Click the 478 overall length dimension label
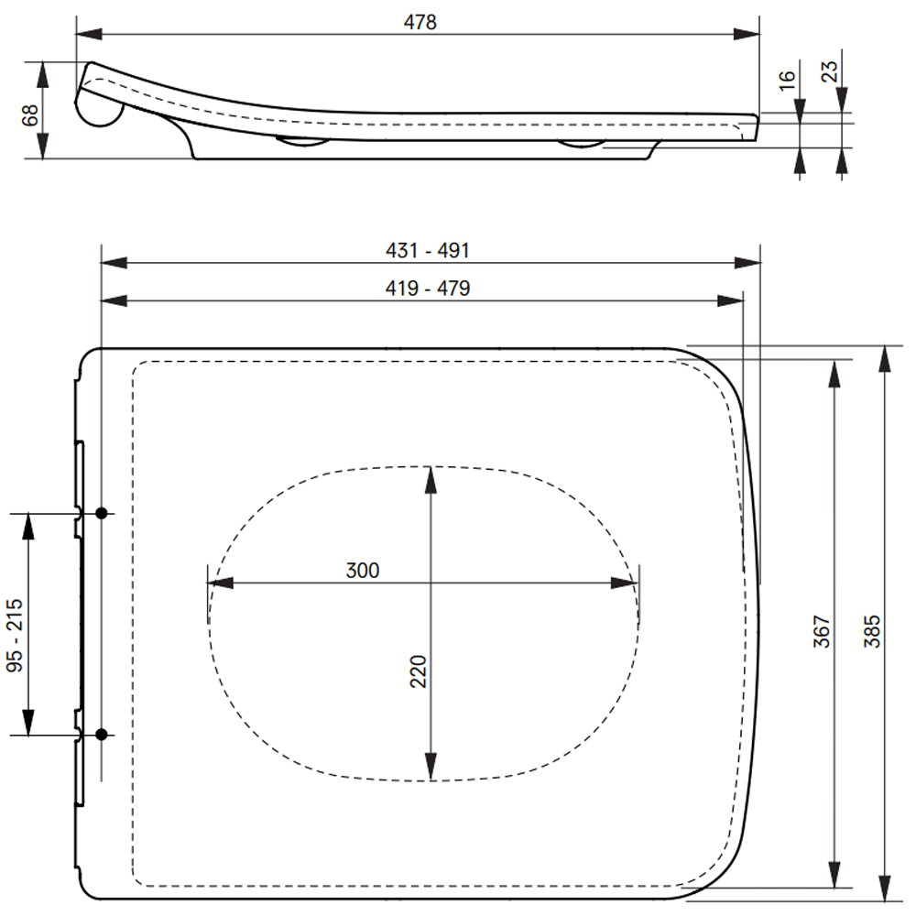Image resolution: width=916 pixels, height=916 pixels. [x=420, y=22]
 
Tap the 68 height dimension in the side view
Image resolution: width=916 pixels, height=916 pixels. [x=30, y=115]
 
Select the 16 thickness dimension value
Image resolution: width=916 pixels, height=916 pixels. [x=788, y=80]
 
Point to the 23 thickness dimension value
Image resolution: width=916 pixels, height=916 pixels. [x=829, y=71]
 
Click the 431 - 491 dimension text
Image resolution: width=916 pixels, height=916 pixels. [x=428, y=251]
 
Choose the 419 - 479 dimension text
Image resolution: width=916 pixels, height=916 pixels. [x=428, y=288]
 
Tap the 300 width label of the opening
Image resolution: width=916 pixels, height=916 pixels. [x=363, y=570]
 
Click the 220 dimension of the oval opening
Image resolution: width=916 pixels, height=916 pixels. [x=419, y=671]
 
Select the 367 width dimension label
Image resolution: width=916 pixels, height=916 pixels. [x=822, y=631]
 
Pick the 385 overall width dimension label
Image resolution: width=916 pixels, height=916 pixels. [x=872, y=631]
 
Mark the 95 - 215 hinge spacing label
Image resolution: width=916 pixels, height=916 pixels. [x=15, y=635]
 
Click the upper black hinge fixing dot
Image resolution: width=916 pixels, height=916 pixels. [x=101, y=513]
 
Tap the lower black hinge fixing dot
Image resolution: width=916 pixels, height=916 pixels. [x=101, y=735]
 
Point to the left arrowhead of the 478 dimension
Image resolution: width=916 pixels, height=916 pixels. [x=89, y=34]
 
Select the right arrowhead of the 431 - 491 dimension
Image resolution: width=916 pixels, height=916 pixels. [x=747, y=263]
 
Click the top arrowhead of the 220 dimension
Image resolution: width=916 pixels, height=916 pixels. [x=431, y=480]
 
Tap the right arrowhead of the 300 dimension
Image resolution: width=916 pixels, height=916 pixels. [x=625, y=583]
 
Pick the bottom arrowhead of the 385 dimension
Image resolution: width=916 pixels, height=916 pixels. [x=885, y=888]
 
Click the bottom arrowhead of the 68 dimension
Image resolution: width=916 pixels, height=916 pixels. [x=43, y=146]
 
